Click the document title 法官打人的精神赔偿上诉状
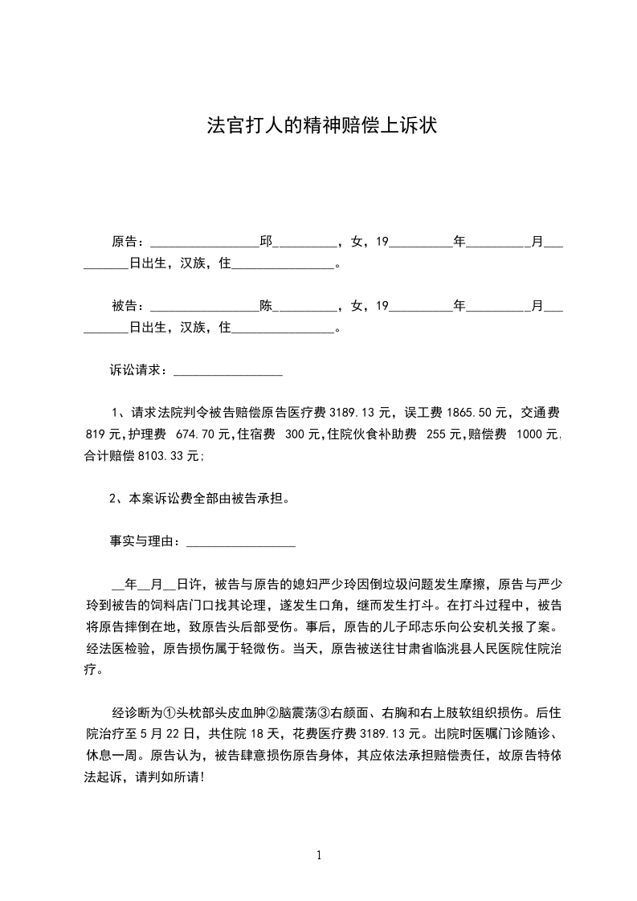pyautogui.click(x=321, y=126)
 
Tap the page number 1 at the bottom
pyautogui.click(x=319, y=854)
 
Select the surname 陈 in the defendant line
pyautogui.click(x=266, y=305)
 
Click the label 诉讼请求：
pyautogui.click(x=141, y=370)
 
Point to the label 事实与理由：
pyautogui.click(x=147, y=542)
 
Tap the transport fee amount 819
pyautogui.click(x=96, y=434)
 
